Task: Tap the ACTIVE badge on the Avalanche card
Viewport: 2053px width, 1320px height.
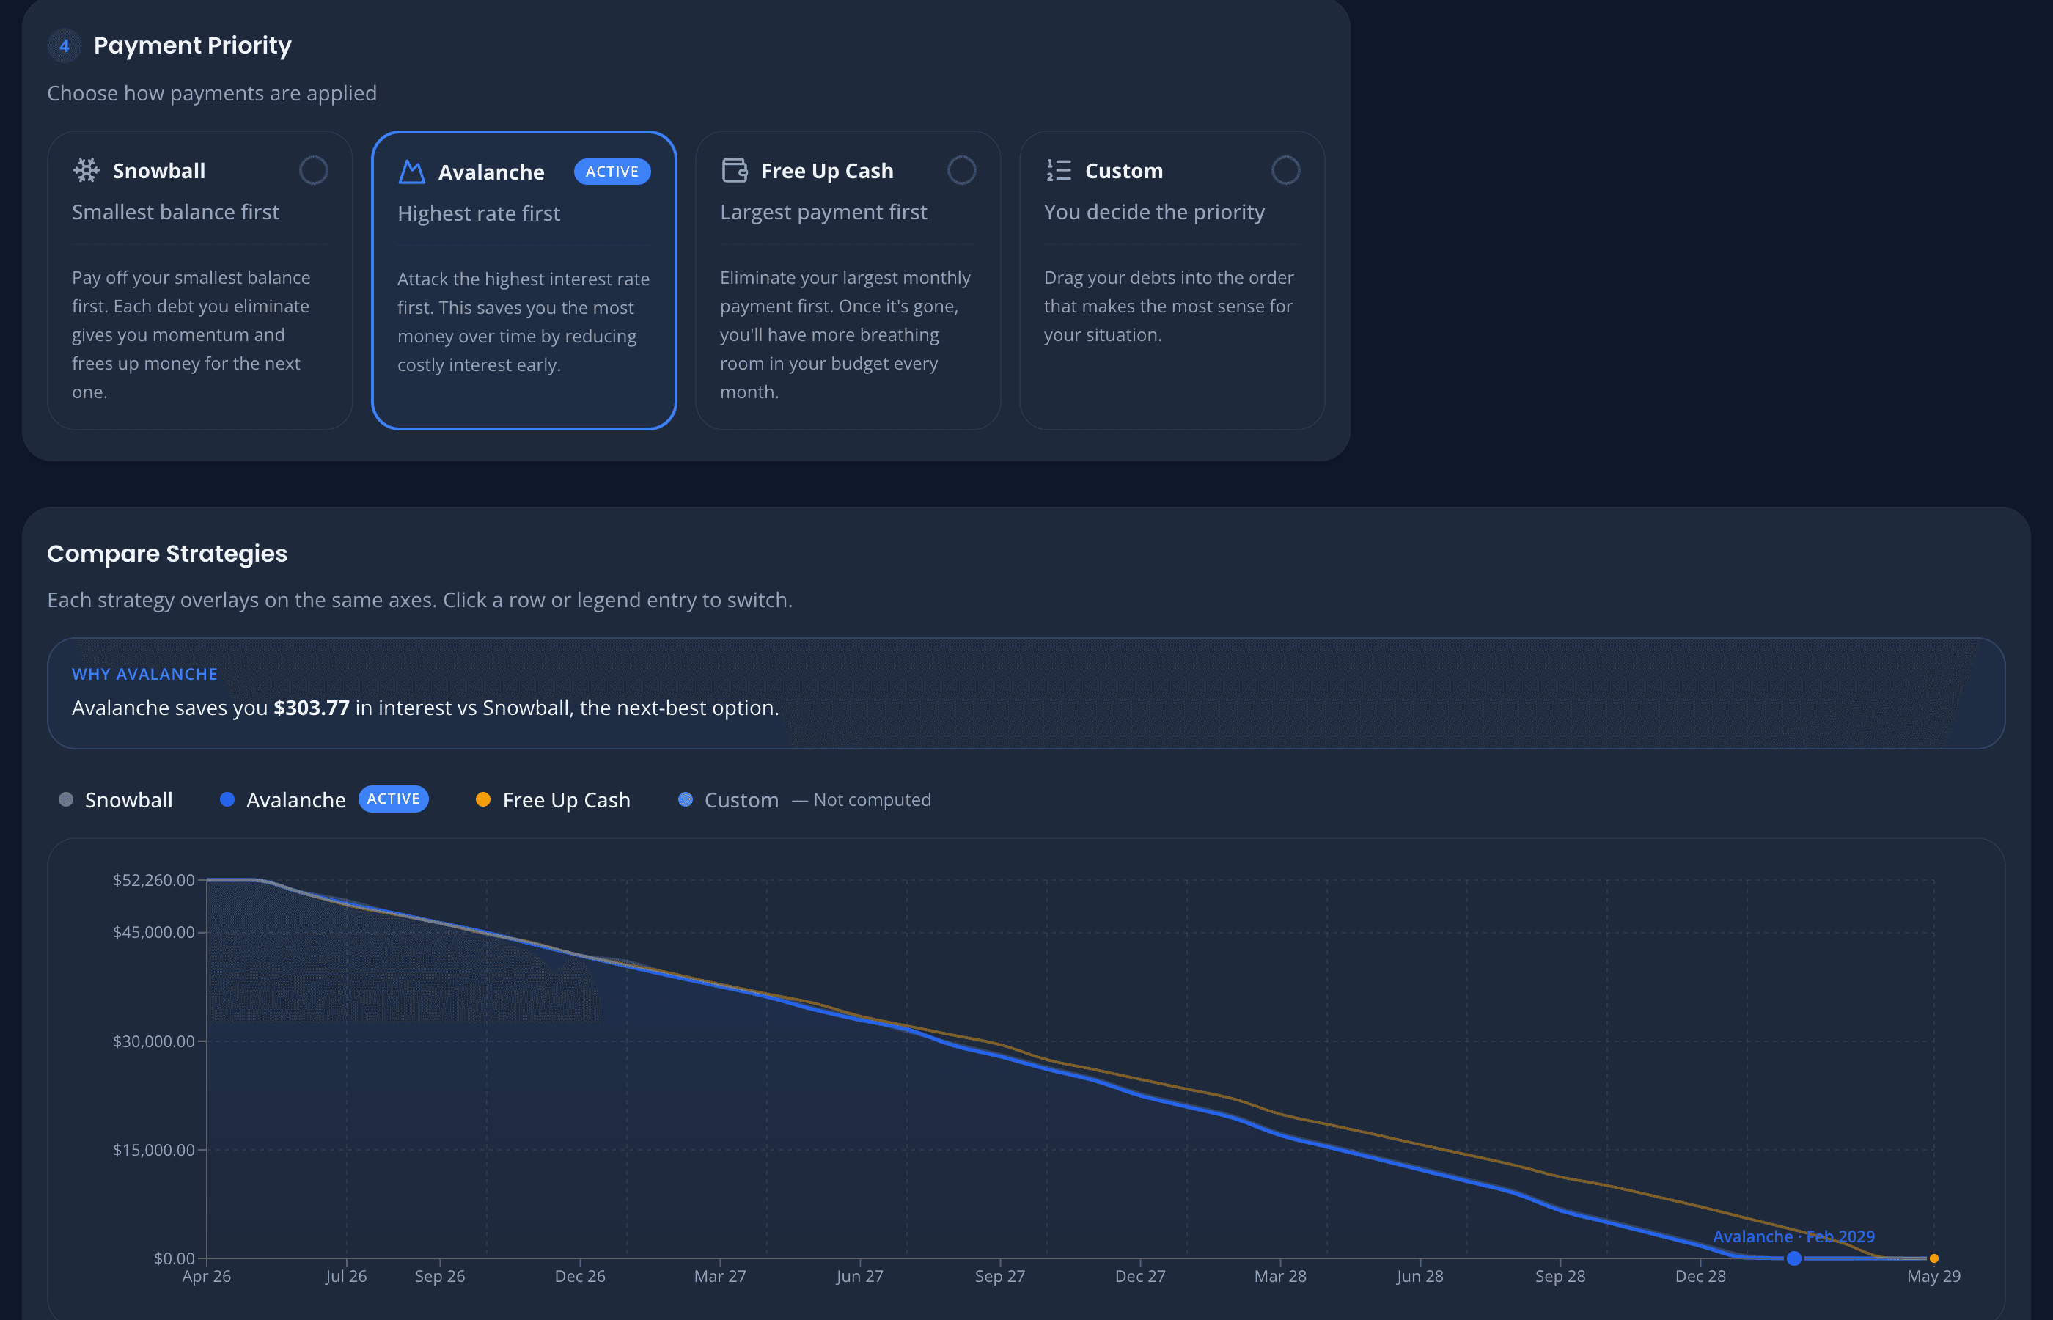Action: [612, 172]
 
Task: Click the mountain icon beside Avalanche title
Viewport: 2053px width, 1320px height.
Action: [412, 172]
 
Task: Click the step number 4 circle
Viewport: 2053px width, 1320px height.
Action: [65, 45]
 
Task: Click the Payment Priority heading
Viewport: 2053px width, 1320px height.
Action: [192, 45]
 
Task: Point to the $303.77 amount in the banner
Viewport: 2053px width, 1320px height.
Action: [311, 708]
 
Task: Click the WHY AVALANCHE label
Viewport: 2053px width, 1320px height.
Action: [144, 675]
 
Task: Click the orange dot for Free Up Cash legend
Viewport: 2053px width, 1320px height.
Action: [483, 800]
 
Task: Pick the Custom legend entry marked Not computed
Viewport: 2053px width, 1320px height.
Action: [741, 800]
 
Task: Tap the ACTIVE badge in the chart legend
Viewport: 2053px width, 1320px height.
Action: [393, 799]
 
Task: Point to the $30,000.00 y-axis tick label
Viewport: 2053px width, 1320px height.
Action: [153, 1041]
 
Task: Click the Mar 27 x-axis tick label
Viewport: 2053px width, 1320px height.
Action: [720, 1276]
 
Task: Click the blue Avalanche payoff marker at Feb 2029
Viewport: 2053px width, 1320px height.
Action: [1793, 1258]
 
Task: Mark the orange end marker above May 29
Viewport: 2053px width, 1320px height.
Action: [1934, 1258]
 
